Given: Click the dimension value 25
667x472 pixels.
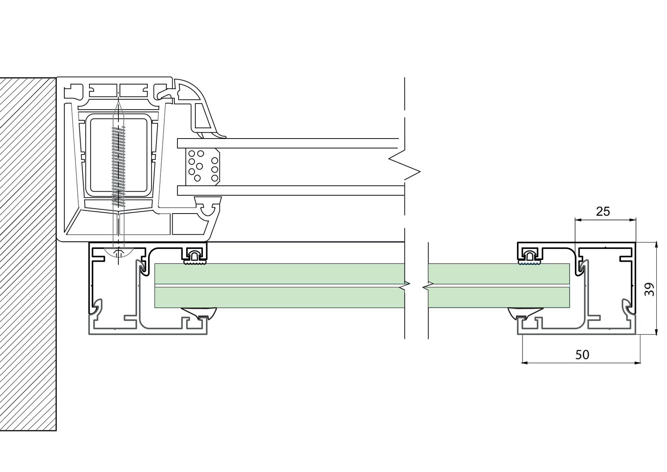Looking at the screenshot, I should pyautogui.click(x=603, y=212).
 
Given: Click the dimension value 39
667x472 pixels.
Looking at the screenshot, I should pyautogui.click(x=650, y=289).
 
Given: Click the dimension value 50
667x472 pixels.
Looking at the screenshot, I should pyautogui.click(x=582, y=354).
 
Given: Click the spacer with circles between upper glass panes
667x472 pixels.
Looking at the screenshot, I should pyautogui.click(x=202, y=167).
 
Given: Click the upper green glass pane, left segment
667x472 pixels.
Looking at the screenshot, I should pyautogui.click(x=278, y=274).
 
